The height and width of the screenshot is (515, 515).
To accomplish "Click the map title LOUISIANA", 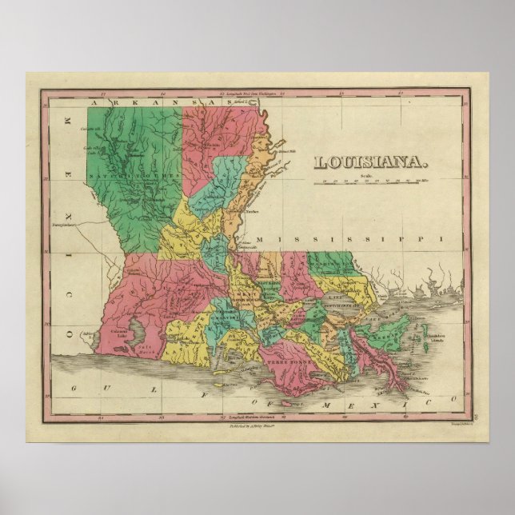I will pos(371,163).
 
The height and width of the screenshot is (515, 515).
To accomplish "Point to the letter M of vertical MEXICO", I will pos(67,119).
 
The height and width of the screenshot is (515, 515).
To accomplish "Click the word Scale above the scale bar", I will pos(367,174).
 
